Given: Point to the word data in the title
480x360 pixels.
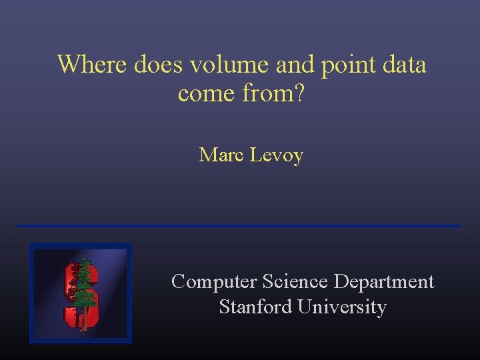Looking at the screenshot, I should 403,65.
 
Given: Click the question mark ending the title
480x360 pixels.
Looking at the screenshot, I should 299,94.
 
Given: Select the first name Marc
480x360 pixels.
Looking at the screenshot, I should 222,155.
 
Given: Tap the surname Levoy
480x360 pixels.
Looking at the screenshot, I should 277,156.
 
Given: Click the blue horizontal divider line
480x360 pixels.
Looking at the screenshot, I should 239,226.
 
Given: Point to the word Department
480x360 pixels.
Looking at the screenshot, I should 383,283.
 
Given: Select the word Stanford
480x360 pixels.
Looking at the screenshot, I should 255,307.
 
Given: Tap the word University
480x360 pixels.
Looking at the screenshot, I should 342,308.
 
